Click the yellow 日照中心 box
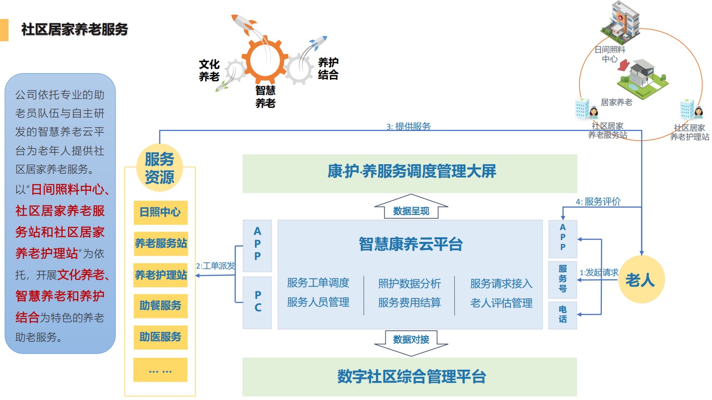click(x=160, y=212)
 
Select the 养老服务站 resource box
click(x=160, y=243)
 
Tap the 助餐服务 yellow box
click(x=160, y=306)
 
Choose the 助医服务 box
click(x=160, y=337)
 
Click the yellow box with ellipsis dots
click(x=160, y=370)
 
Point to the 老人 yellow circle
click(x=640, y=279)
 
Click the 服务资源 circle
click(x=159, y=168)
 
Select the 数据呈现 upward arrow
click(x=411, y=207)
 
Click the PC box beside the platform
click(x=257, y=302)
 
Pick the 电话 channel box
click(x=562, y=315)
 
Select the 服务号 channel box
click(x=562, y=279)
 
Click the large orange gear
click(x=266, y=60)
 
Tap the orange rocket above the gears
click(x=245, y=24)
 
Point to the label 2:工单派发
click(x=215, y=266)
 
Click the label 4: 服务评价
click(x=598, y=202)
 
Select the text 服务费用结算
click(x=409, y=303)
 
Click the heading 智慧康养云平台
click(x=411, y=244)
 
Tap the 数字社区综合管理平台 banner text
click(x=411, y=377)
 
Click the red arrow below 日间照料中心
click(x=624, y=65)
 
